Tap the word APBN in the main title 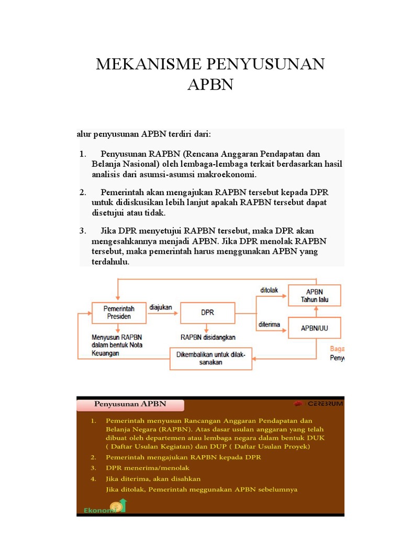210,84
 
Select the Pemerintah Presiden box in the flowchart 117,313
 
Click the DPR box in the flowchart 207,313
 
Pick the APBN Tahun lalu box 314,296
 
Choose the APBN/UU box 314,328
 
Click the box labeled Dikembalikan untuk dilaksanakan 210,358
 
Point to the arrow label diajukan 161,308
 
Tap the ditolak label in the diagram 270,290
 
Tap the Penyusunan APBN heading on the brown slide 130,404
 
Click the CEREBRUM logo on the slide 318,404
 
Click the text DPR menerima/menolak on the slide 147,467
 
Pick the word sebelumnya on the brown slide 277,489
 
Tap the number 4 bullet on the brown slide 92,478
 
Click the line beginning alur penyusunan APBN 144,134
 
